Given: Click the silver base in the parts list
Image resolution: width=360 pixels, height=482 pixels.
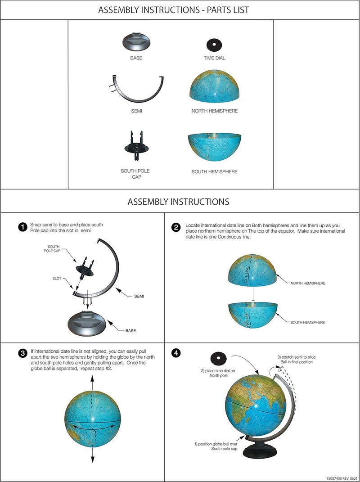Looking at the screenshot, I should click(136, 43).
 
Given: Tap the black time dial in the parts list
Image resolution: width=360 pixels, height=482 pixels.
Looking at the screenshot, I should click(214, 45).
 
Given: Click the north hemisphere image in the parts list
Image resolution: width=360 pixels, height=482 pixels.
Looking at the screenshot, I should click(214, 88).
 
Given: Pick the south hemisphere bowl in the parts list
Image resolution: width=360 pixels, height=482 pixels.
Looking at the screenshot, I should click(214, 149).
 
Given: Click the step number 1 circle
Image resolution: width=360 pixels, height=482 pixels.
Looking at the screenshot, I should click(22, 227).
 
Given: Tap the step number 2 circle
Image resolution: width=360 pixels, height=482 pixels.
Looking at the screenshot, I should click(176, 227).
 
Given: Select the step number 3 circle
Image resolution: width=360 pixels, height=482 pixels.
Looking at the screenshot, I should click(22, 353).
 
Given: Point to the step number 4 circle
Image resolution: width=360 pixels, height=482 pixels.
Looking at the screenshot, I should click(176, 353).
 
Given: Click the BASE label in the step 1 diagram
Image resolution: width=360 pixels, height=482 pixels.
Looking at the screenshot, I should click(130, 331).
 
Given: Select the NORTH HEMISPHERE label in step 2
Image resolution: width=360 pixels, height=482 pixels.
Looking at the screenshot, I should click(308, 283).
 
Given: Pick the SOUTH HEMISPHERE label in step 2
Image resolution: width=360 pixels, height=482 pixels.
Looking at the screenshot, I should click(308, 322).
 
